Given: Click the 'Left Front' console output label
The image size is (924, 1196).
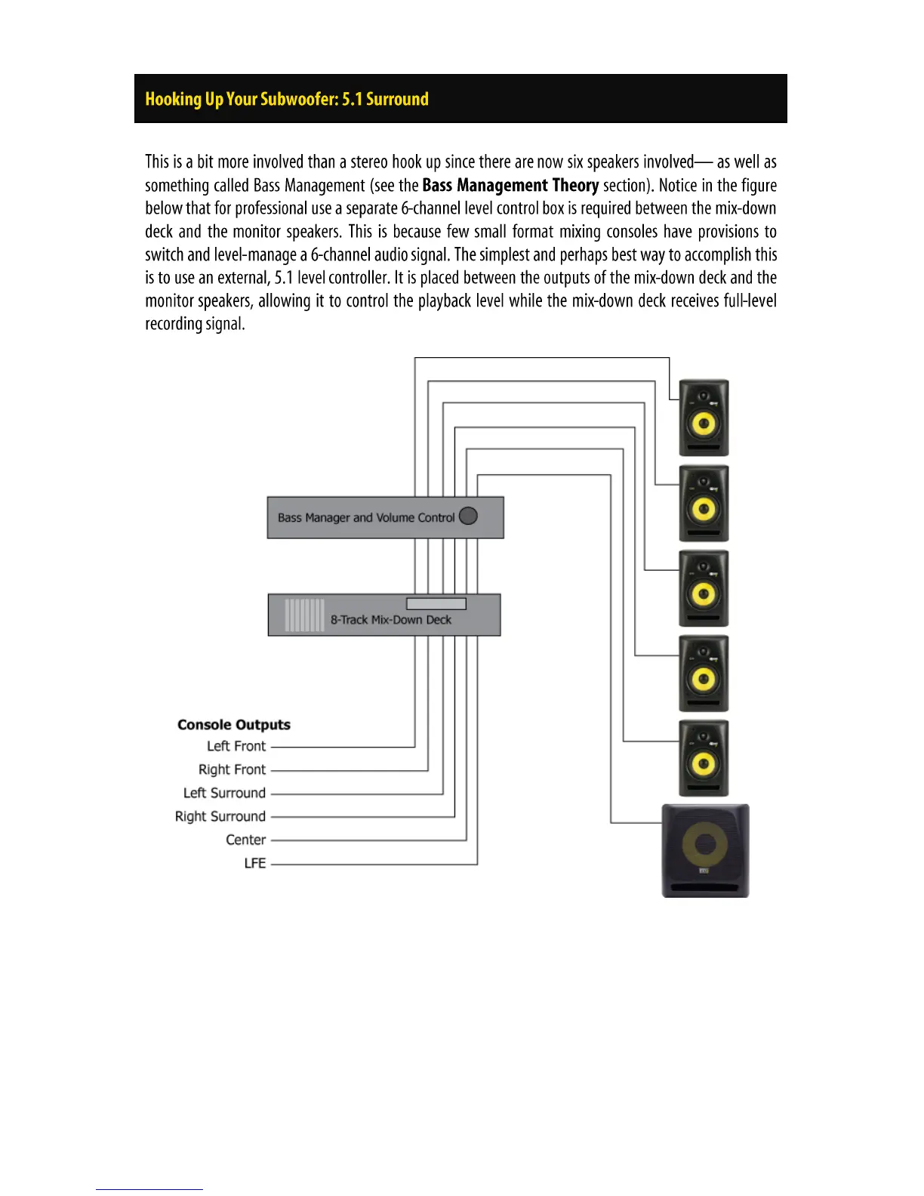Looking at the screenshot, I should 236,746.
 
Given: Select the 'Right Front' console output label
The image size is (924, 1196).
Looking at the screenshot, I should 232,769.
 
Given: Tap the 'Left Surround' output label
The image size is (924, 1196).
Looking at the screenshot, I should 224,793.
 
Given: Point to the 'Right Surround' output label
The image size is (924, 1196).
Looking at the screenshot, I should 220,816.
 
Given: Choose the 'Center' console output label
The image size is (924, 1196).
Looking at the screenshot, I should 245,840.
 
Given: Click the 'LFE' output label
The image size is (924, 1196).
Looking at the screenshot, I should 254,863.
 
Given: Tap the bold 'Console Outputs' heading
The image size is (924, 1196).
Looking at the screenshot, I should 234,725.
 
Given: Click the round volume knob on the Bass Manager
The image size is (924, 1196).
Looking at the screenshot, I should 468,516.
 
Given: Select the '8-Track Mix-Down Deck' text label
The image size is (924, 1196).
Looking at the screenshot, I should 390,620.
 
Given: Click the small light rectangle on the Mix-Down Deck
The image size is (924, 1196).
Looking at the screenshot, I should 436,603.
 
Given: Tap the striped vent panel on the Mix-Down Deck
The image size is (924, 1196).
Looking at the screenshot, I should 304,615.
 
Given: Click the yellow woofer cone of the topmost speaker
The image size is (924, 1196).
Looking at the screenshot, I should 704,424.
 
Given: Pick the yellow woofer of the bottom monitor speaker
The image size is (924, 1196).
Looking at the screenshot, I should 704,763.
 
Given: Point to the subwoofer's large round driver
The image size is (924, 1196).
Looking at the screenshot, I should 706,843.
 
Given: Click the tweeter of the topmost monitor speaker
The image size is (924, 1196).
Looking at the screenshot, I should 704,396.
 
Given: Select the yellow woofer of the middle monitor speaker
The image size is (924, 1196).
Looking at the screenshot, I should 704,593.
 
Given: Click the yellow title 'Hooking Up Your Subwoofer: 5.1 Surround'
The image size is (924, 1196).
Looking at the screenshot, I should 287,99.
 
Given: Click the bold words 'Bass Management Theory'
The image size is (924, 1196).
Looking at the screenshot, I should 510,186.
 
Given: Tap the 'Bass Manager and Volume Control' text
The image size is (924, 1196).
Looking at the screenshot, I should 366,518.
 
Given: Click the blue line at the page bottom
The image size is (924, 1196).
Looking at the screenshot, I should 149,1189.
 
